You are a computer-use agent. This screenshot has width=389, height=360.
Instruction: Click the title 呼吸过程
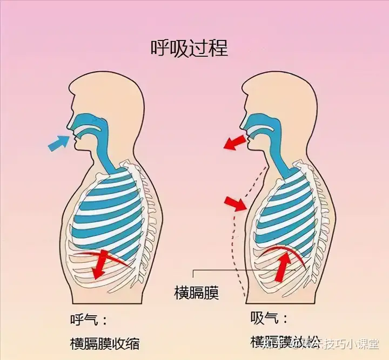click(x=189, y=49)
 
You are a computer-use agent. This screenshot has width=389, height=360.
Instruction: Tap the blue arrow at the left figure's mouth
click(x=59, y=142)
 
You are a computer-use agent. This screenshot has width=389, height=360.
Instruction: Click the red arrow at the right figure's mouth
click(x=233, y=142)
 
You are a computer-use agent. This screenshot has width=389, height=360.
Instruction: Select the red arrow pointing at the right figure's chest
click(x=233, y=203)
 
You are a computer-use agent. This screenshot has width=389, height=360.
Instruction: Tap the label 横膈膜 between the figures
click(x=196, y=292)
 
